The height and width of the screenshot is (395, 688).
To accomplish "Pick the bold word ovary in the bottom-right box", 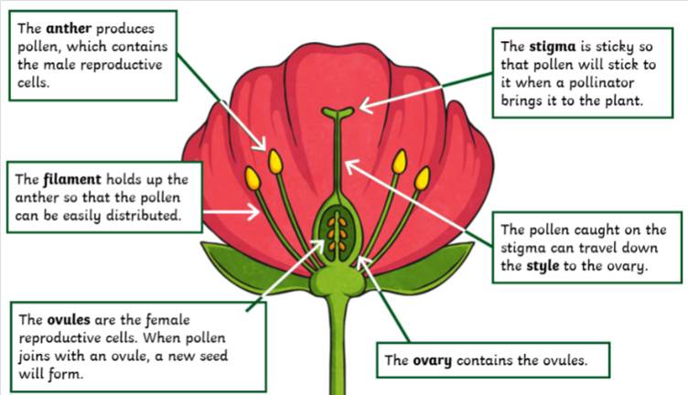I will [x=432, y=359].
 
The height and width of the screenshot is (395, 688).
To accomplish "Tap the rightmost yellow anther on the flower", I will [x=422, y=177].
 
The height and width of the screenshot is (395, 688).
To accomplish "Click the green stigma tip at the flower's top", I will [x=339, y=113].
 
